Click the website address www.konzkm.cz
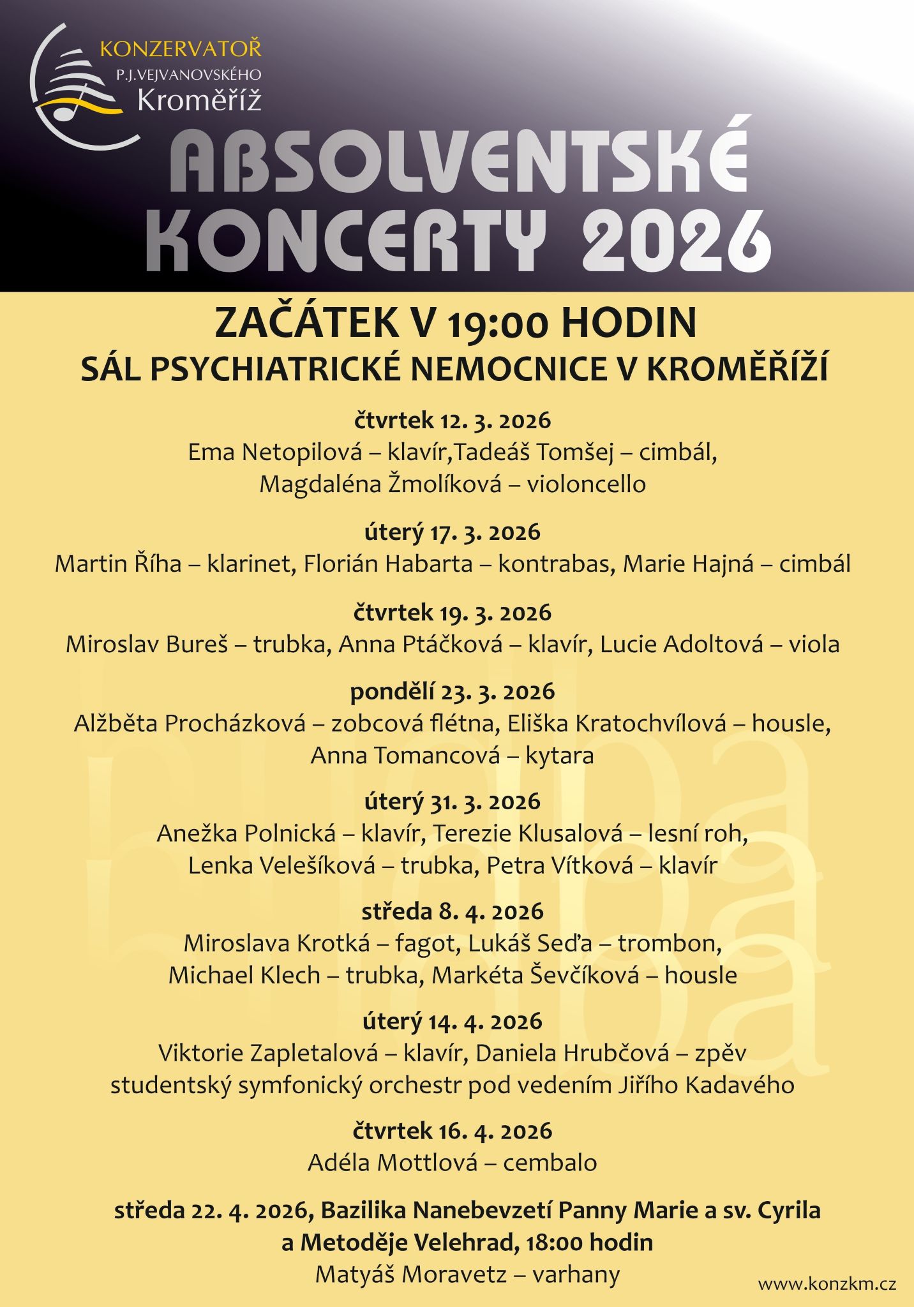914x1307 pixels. point(827,1284)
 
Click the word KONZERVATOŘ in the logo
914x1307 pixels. point(181,49)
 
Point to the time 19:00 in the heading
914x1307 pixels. point(497,324)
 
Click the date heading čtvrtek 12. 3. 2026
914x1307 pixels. point(453,421)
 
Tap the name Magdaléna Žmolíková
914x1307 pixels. point(380,484)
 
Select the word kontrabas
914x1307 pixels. point(548,564)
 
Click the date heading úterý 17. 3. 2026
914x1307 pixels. point(453,532)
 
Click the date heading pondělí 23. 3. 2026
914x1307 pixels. point(453,692)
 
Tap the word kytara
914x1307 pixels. point(559,756)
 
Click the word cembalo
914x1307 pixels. point(550,1163)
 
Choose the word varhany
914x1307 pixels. point(576,1274)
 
